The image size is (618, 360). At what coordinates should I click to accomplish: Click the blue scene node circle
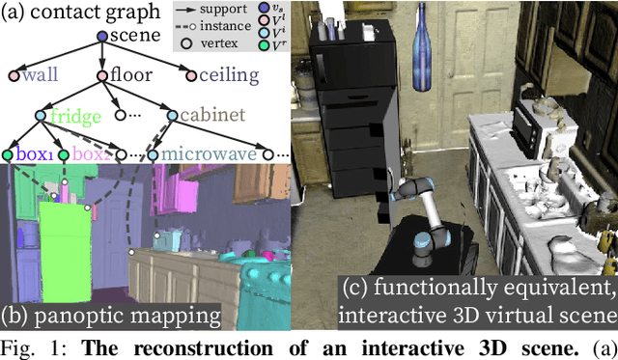[x=103, y=37]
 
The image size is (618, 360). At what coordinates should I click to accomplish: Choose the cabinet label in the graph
[x=208, y=118]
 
